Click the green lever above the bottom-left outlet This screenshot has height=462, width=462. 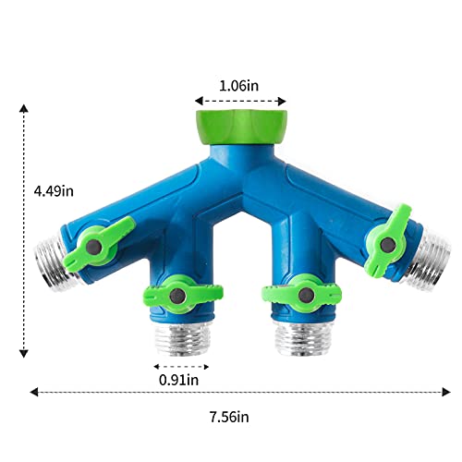(182, 296)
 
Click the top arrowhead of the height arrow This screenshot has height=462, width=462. (25, 106)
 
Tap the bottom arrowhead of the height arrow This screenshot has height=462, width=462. (25, 353)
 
